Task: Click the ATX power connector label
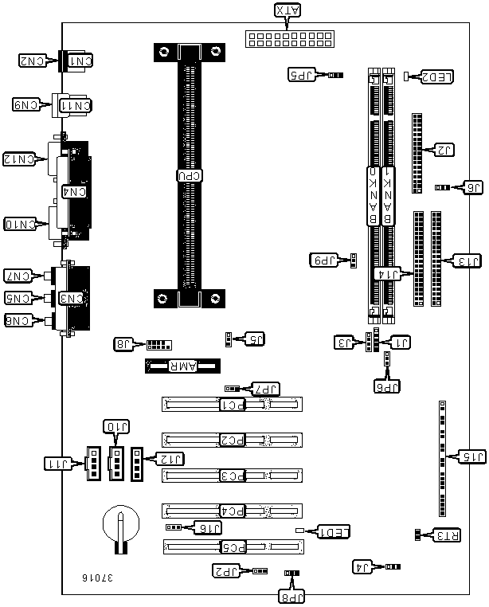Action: [x=288, y=10]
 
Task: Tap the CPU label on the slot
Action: [x=189, y=175]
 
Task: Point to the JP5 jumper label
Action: [x=302, y=75]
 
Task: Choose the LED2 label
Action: [x=437, y=76]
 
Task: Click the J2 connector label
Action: [x=444, y=149]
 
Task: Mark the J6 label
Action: [x=471, y=187]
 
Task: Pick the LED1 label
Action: [x=330, y=531]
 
